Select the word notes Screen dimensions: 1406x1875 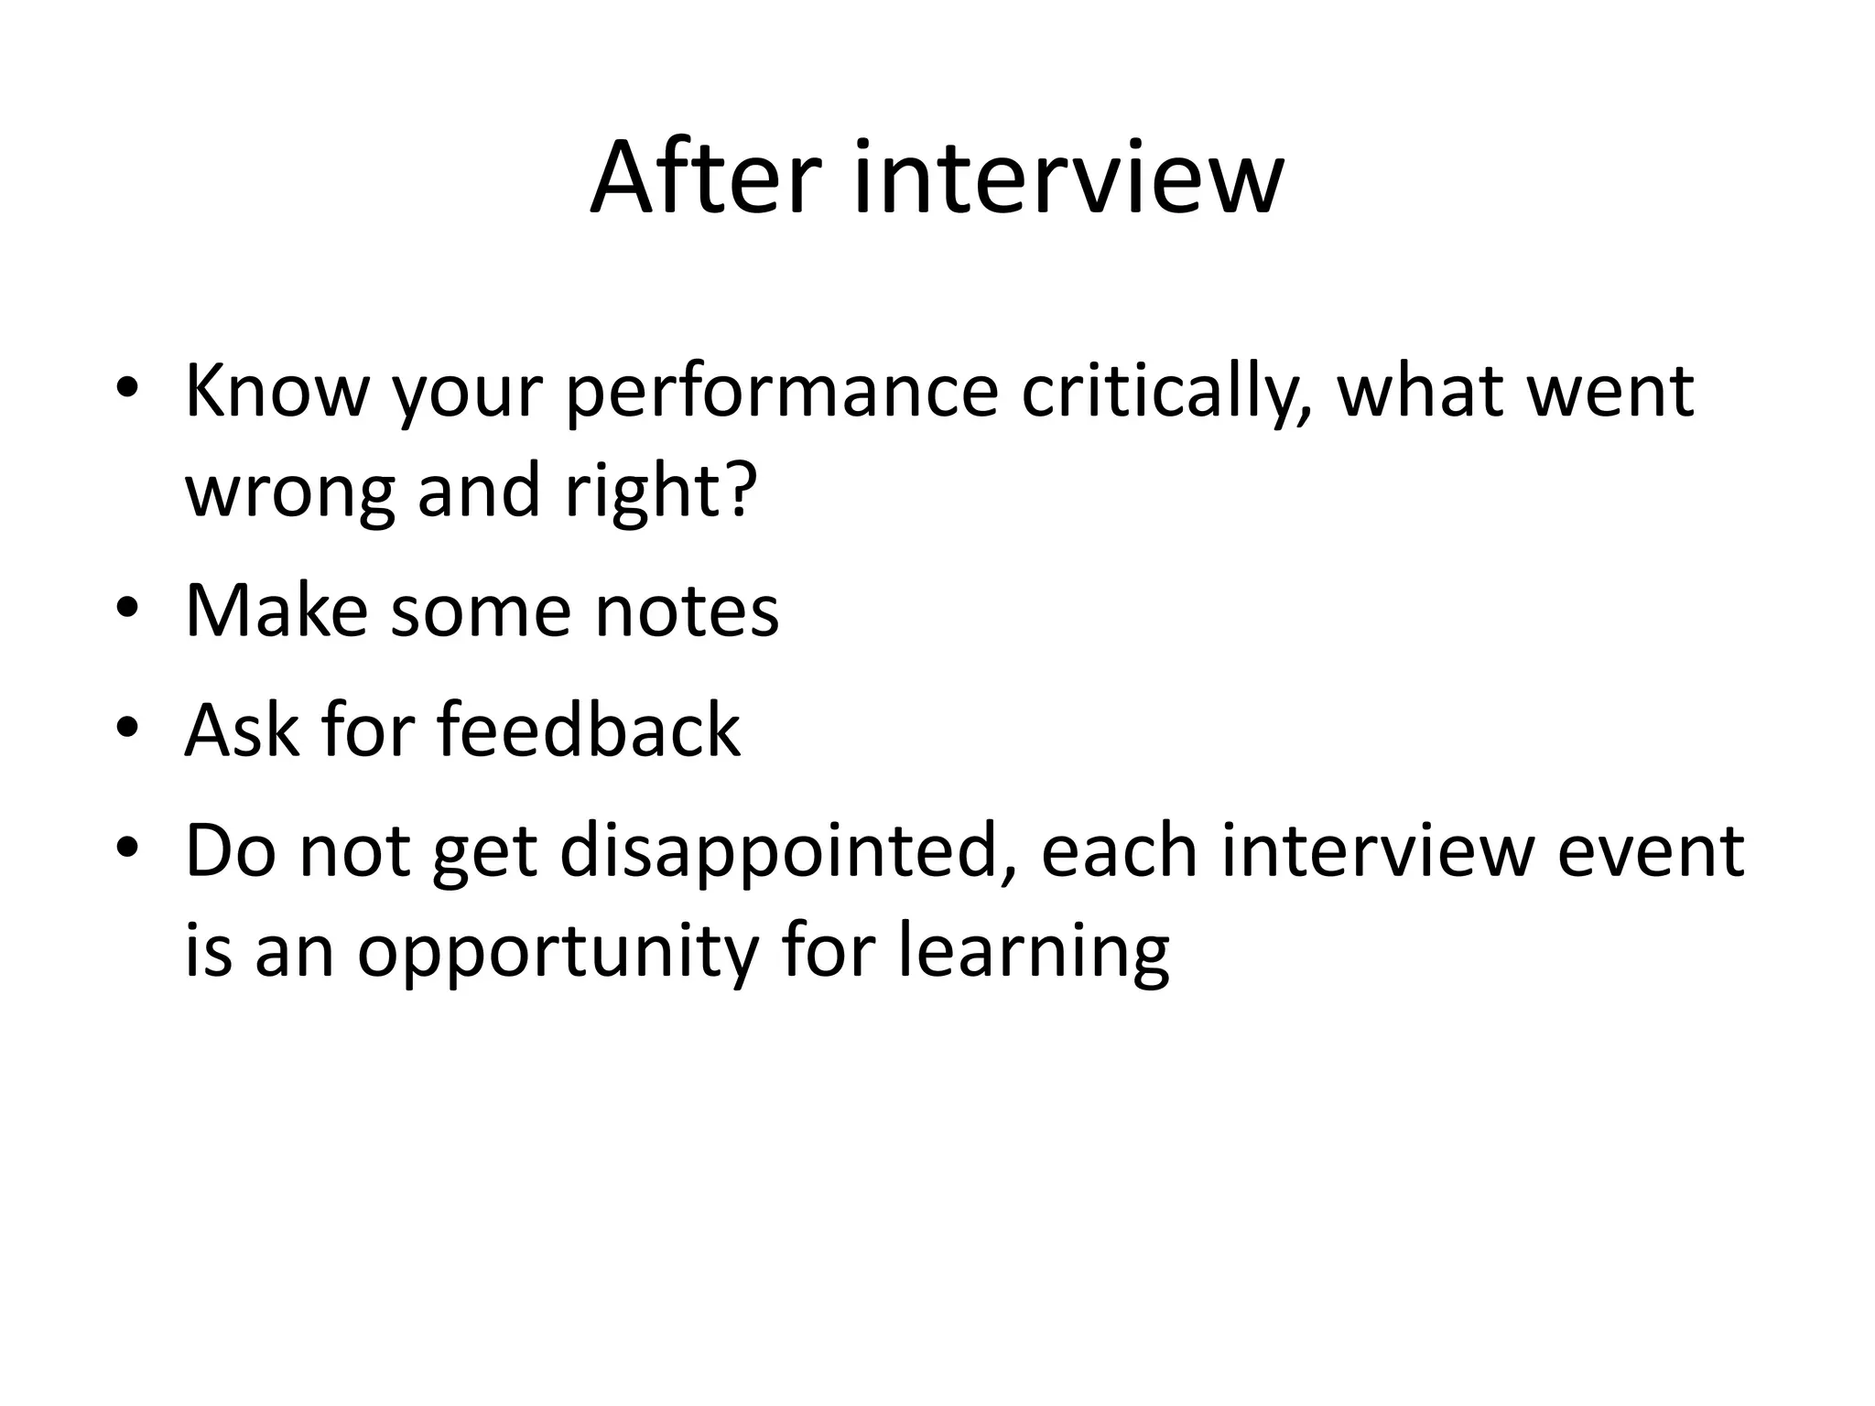pyautogui.click(x=687, y=611)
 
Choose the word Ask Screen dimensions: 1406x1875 pyautogui.click(x=241, y=730)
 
